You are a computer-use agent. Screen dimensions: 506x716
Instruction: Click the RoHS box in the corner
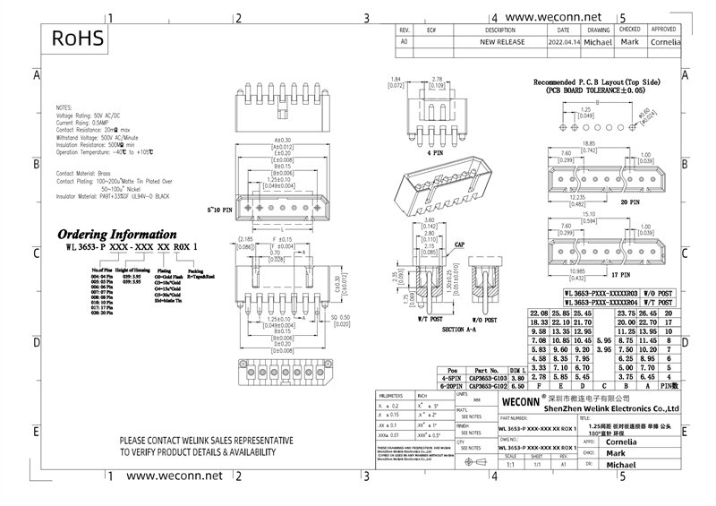point(78,39)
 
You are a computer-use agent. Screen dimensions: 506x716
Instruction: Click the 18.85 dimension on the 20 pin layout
point(590,142)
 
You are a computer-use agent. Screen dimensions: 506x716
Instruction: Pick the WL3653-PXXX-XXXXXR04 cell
point(601,304)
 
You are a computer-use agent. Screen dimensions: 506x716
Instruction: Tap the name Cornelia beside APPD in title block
point(623,441)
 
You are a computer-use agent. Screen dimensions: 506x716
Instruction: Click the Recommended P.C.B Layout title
point(597,81)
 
